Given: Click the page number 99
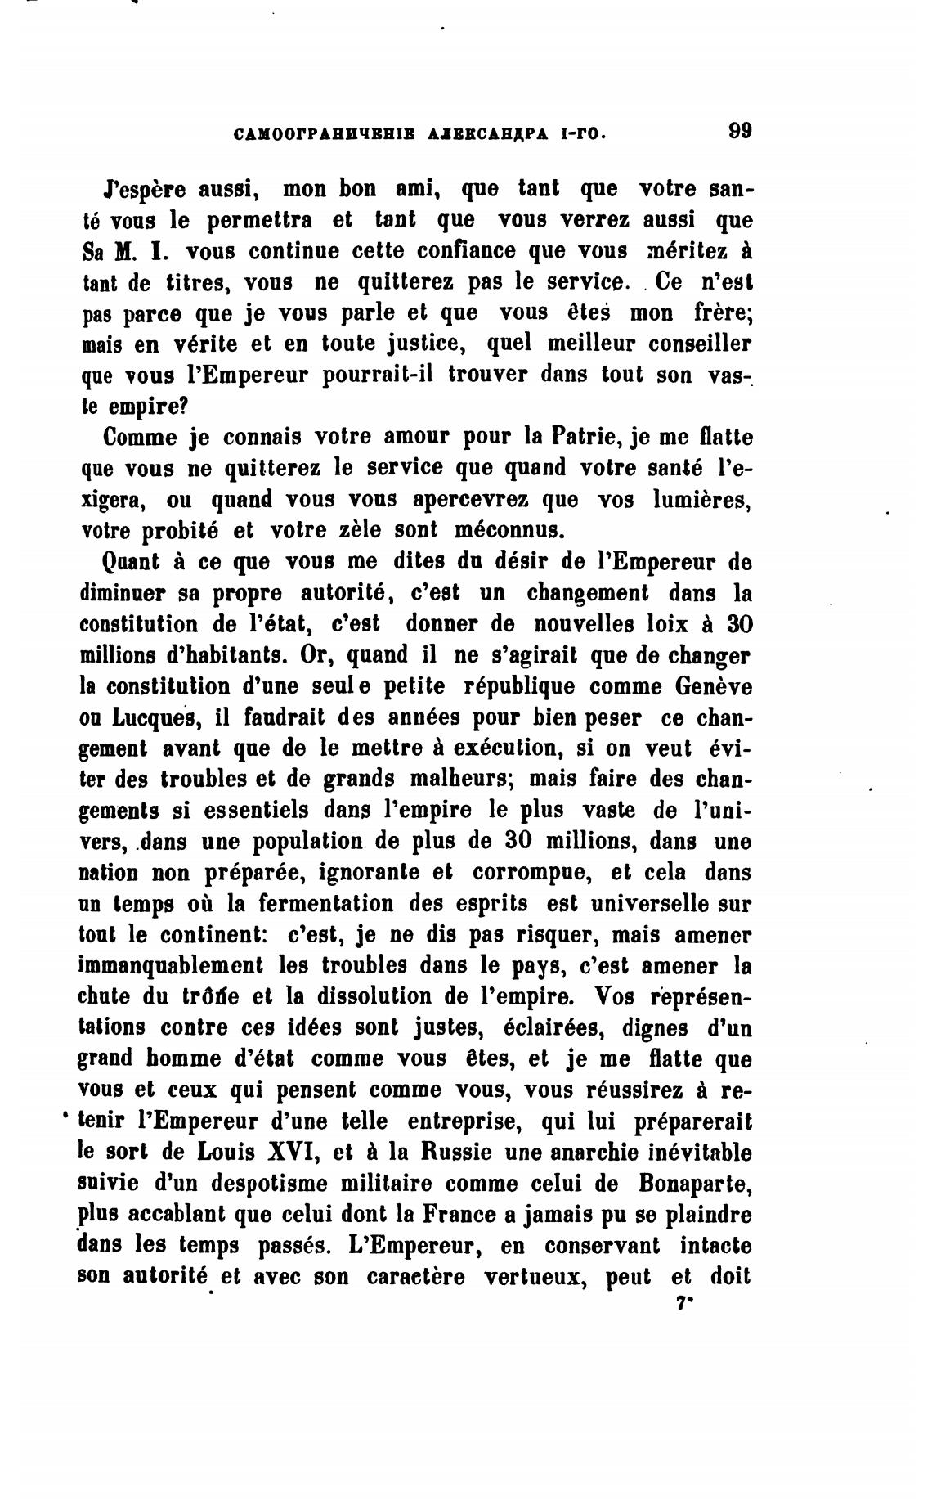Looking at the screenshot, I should point(739,132).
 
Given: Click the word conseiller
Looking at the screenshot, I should point(694,344).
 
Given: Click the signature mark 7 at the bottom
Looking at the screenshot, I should point(681,1306).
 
